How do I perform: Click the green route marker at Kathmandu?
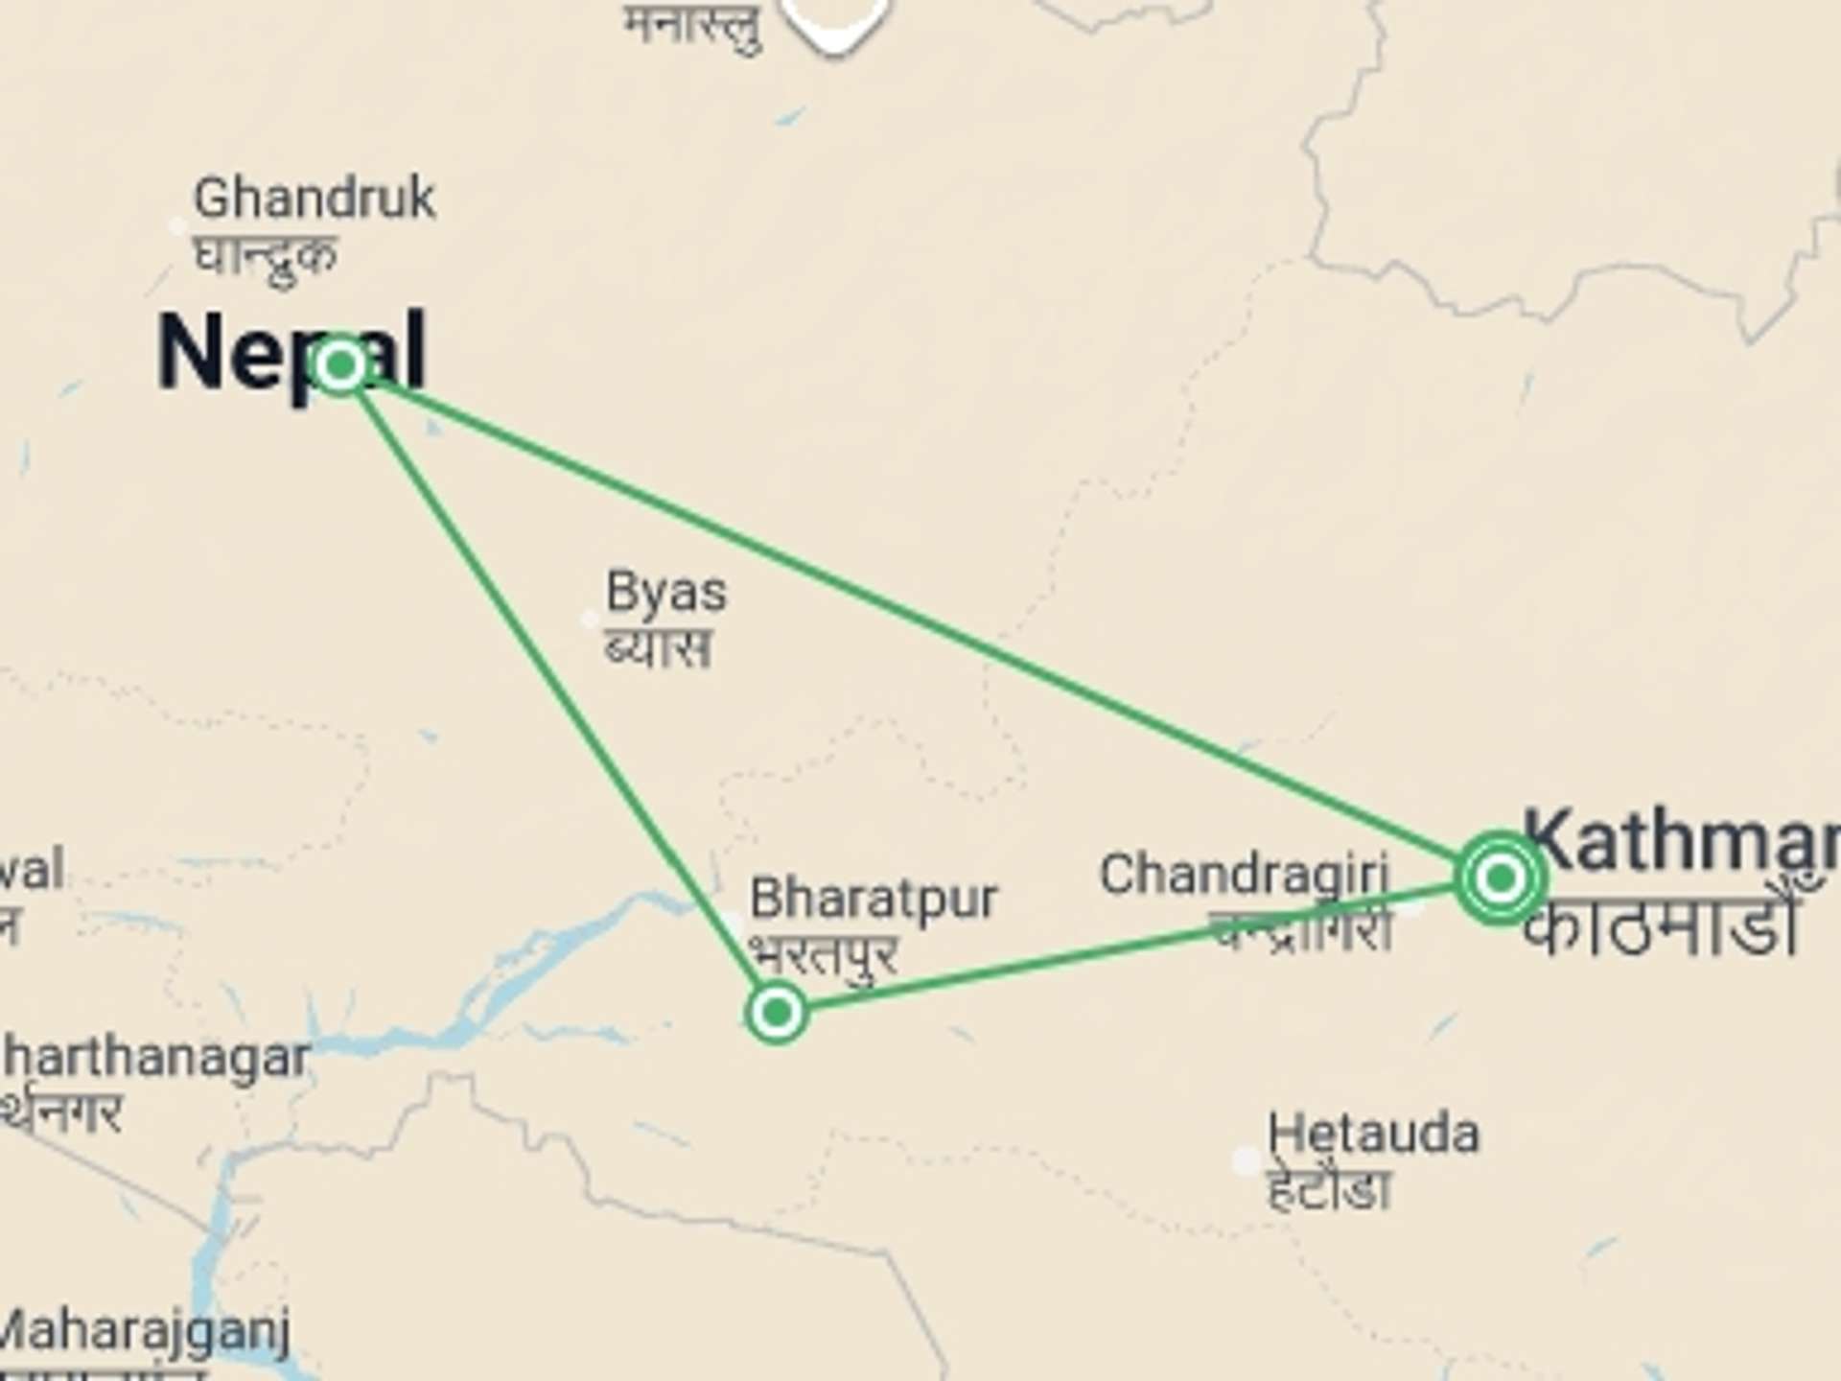coord(1500,878)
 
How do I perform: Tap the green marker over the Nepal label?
coord(339,364)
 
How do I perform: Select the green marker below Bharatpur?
coord(777,1011)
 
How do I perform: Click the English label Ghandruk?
coord(315,199)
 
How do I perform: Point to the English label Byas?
coord(666,593)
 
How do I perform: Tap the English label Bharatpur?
coord(874,899)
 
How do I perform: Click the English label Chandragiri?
coord(1244,875)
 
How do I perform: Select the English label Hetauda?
coord(1373,1135)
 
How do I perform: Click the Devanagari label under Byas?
coord(658,647)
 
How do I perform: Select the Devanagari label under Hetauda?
coord(1328,1190)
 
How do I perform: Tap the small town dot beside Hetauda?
coord(1246,1161)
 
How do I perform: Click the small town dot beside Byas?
coord(591,620)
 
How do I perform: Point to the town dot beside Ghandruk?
coord(177,226)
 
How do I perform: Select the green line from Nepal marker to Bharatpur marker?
coord(556,686)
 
